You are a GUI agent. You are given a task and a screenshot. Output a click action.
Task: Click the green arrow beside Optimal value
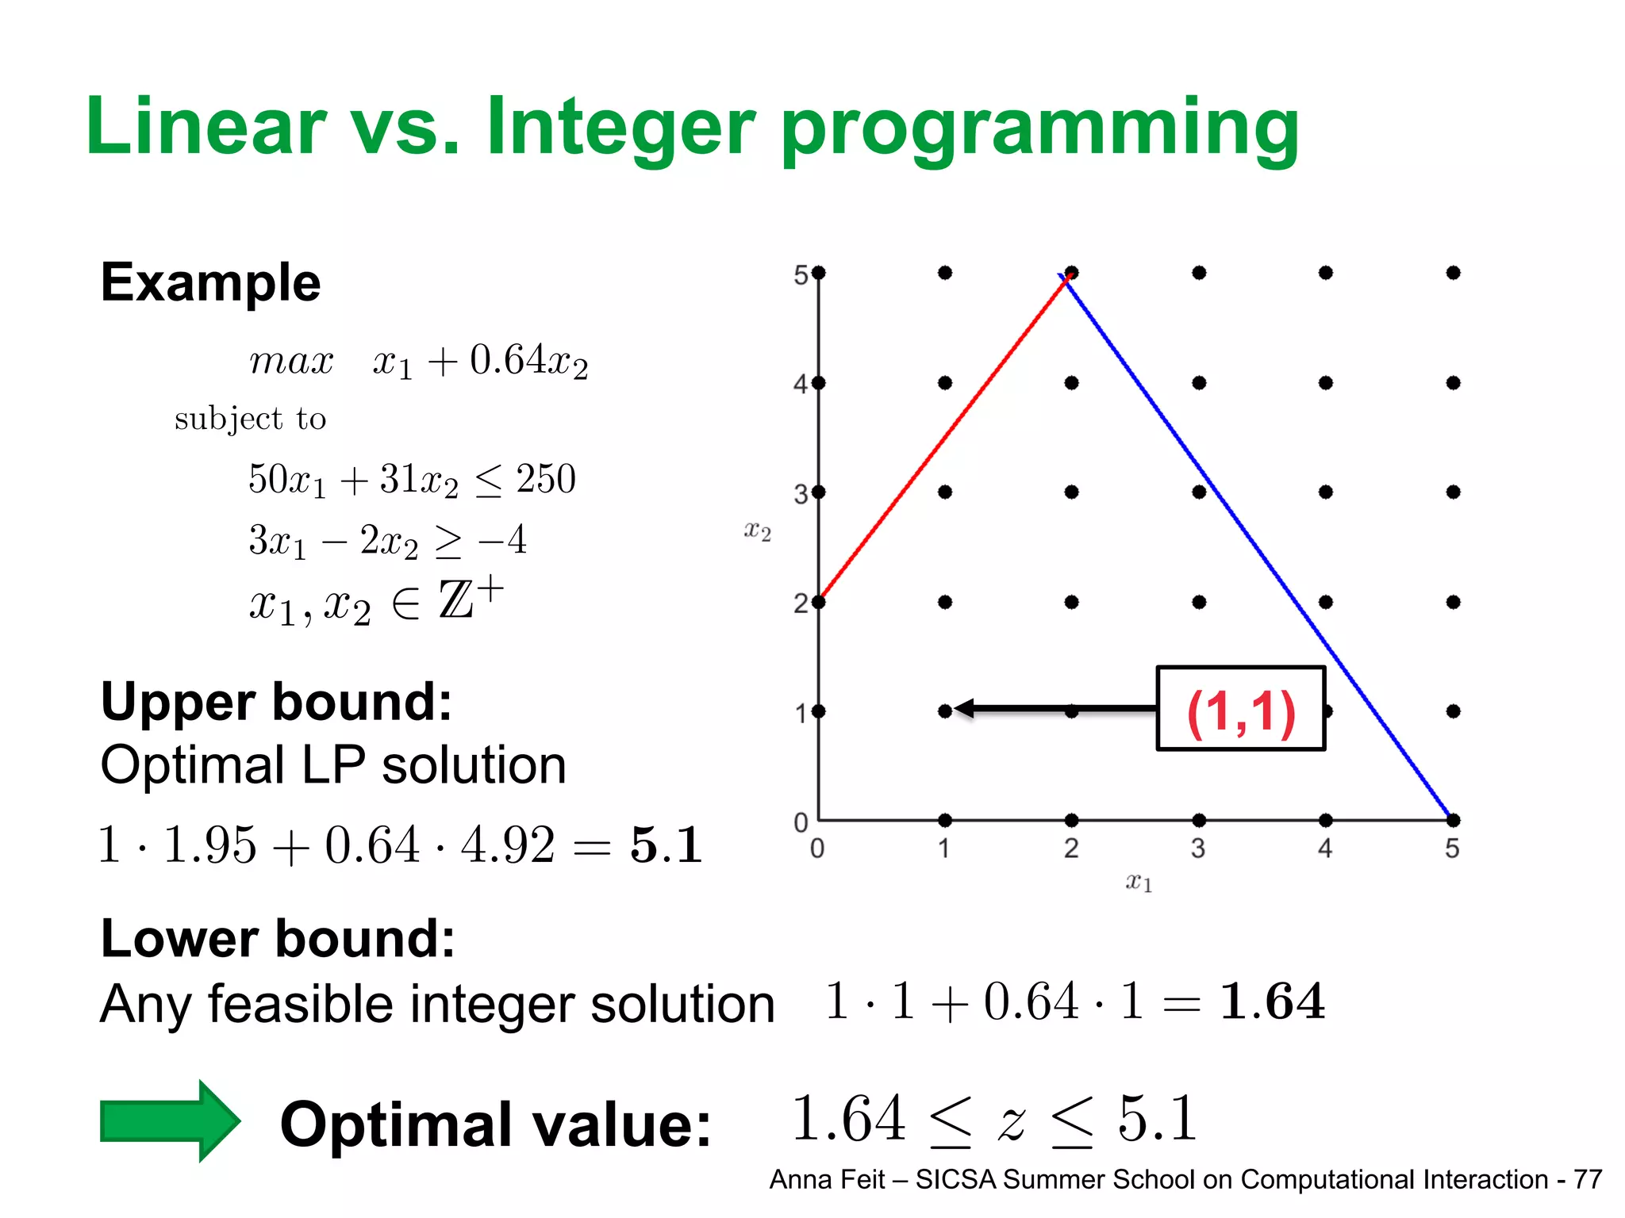(x=169, y=1120)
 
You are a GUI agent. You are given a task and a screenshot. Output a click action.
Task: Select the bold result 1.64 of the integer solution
(x=1272, y=1001)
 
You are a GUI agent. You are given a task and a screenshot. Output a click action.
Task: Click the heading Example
(x=210, y=282)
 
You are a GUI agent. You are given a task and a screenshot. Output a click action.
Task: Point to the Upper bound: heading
(x=276, y=702)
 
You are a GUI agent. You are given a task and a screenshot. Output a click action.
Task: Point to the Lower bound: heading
(x=278, y=938)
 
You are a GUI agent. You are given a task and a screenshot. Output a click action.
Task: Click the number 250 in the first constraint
(x=546, y=479)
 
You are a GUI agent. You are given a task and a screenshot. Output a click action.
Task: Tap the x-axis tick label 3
(x=1198, y=849)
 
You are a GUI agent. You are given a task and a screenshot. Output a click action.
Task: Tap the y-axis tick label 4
(x=801, y=385)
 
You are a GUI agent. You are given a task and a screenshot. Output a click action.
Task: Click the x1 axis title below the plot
(x=1139, y=882)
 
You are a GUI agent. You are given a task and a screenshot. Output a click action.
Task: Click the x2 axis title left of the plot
(x=757, y=530)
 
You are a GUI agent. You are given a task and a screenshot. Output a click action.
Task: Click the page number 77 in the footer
(x=1587, y=1180)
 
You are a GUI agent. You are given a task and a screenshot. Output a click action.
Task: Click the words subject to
(x=250, y=419)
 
